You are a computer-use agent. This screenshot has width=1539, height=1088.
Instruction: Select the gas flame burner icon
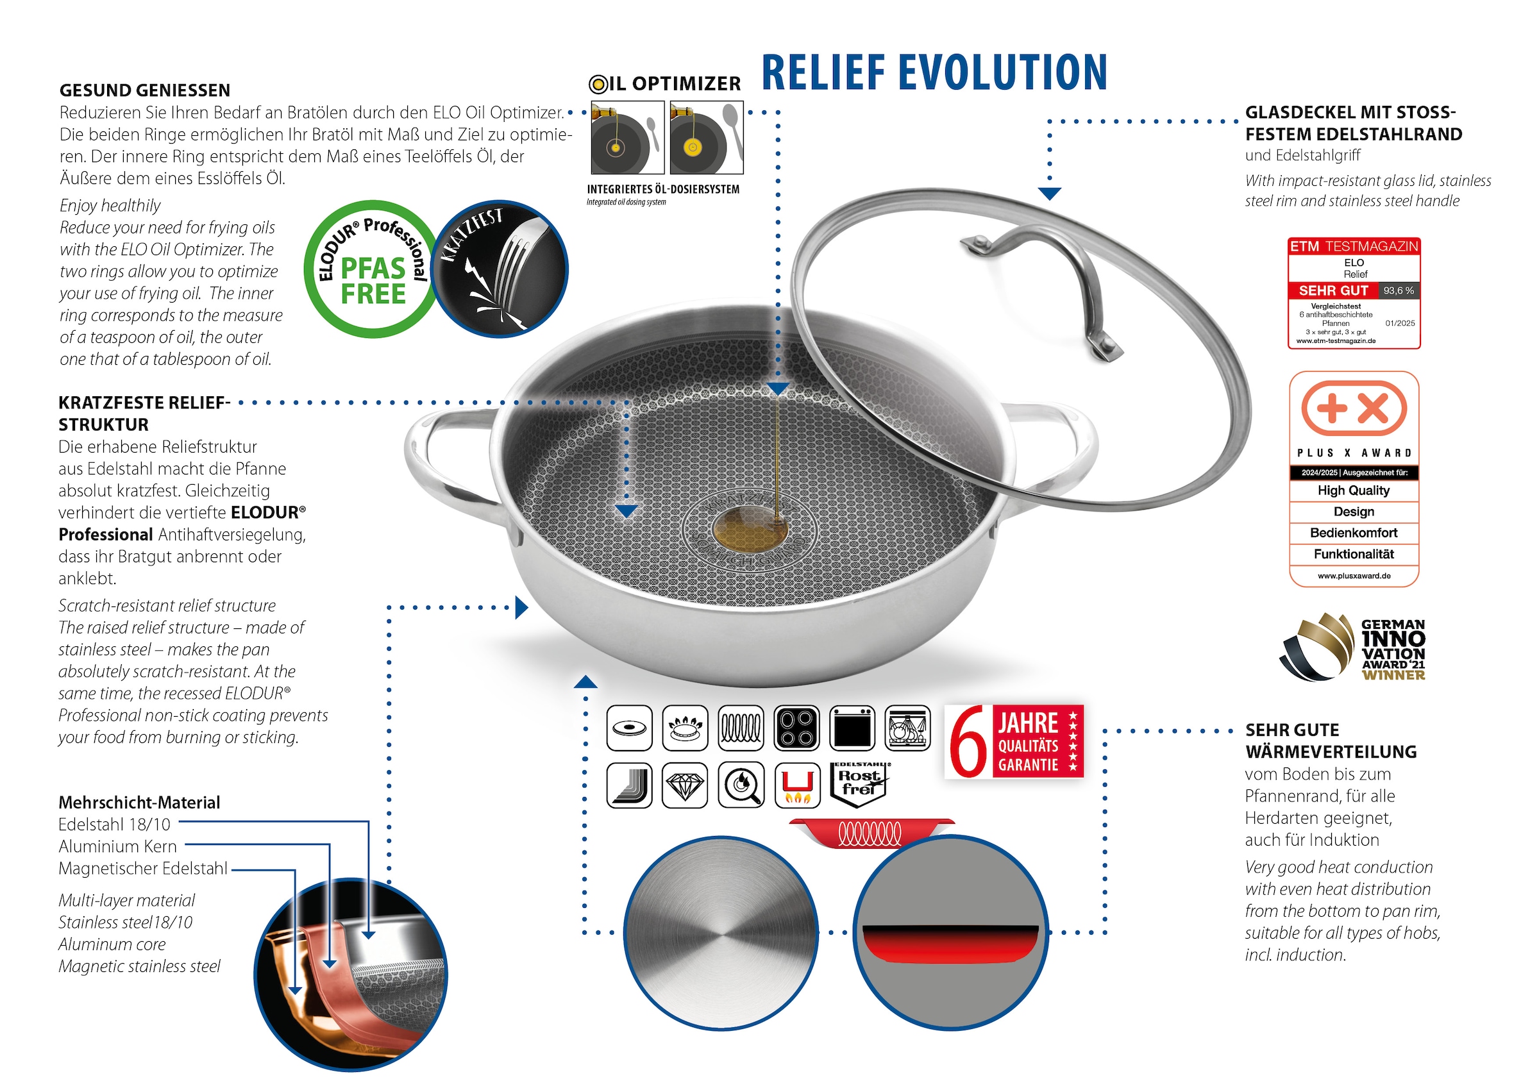684,728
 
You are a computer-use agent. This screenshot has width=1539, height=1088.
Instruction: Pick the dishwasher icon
907,728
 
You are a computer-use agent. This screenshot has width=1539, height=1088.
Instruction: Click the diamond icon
684,785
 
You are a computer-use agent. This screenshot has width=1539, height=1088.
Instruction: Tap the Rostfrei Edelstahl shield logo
859,784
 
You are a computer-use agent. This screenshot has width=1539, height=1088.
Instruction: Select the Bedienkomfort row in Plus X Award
1353,533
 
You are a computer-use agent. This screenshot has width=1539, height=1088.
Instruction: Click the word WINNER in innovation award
1393,675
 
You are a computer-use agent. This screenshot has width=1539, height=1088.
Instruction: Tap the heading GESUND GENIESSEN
145,90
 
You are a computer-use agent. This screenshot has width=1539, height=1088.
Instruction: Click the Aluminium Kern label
118,846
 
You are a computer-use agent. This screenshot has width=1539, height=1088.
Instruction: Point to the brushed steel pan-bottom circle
721,932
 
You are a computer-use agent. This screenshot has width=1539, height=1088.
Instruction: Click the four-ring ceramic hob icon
796,728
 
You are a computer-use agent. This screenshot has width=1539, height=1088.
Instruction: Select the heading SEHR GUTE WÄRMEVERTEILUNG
1331,741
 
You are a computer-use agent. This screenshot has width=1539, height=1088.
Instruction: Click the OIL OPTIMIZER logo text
665,84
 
